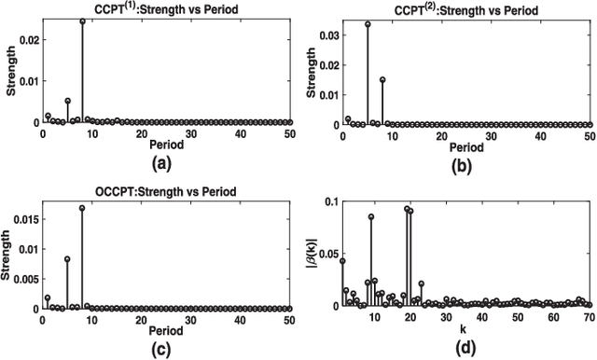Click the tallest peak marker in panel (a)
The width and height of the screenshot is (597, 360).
point(82,21)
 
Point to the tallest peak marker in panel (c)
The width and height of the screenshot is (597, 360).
point(82,208)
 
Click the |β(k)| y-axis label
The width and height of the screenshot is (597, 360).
point(309,254)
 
